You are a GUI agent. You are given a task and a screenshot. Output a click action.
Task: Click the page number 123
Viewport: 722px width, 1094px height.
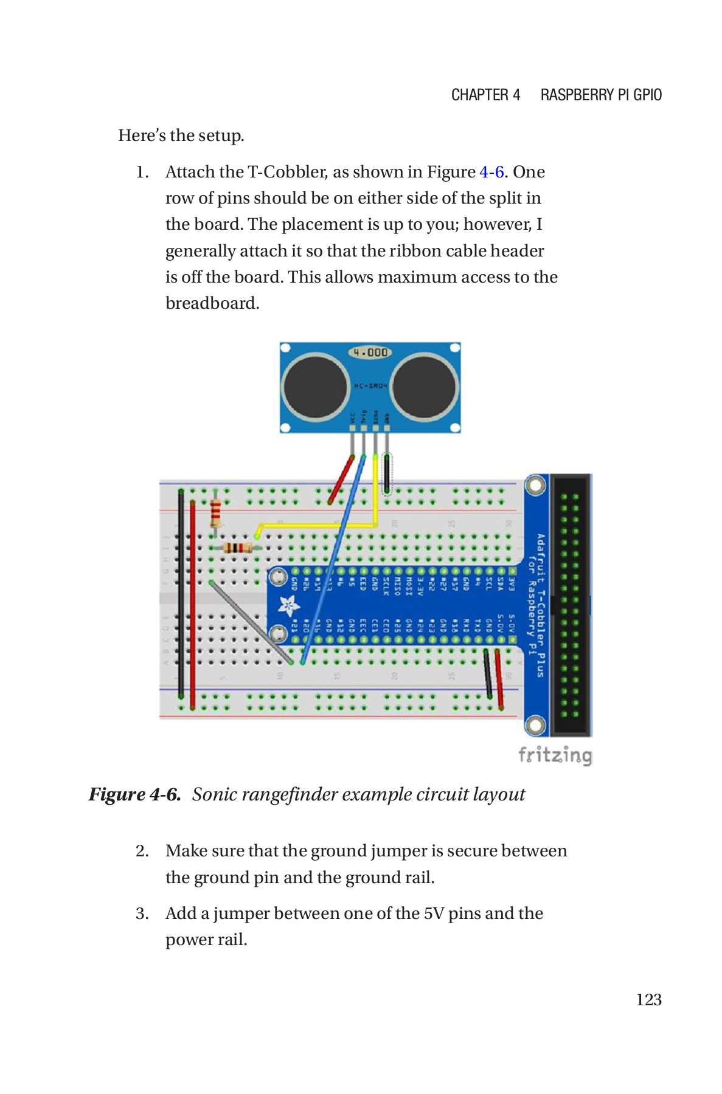coord(648,1000)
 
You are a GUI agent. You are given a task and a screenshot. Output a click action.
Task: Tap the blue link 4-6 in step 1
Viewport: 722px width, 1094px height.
coord(491,172)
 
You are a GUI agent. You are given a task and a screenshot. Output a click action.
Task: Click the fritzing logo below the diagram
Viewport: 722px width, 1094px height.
coord(554,755)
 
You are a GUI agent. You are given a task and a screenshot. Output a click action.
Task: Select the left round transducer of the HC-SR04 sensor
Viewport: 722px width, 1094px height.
coord(315,387)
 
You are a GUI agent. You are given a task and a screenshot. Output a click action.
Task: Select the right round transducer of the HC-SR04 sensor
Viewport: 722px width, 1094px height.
coord(424,387)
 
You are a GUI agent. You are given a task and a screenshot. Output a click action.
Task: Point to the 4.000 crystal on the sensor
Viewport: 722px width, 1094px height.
coord(370,352)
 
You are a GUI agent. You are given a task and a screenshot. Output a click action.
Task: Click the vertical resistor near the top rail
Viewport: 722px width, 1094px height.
coord(215,514)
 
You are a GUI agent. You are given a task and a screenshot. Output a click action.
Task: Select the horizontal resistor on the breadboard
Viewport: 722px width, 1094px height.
coord(238,548)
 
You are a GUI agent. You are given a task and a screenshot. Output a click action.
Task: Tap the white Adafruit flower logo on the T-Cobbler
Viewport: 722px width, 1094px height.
coord(288,605)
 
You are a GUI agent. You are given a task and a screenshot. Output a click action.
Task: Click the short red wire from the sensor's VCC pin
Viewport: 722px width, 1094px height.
coord(341,479)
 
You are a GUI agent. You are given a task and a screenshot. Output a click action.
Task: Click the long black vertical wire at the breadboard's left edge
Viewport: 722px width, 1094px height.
coord(181,596)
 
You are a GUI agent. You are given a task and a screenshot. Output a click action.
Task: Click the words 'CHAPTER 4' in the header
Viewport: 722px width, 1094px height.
coord(485,95)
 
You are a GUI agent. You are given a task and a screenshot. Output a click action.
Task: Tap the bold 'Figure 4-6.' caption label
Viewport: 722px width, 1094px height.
coord(135,794)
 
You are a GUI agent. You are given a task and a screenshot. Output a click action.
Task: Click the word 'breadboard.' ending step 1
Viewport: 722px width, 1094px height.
coord(212,303)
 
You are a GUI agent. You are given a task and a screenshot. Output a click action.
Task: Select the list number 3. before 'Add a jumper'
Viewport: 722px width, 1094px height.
coord(142,913)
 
